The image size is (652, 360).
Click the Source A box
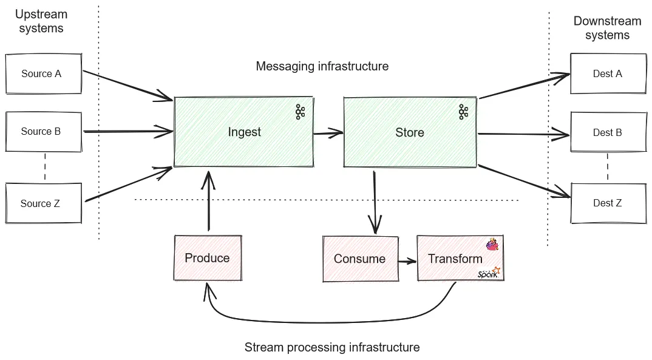[43, 73]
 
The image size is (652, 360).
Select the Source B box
[43, 131]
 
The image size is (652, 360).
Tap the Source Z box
[43, 203]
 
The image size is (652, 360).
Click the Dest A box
[608, 73]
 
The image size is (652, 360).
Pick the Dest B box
[608, 132]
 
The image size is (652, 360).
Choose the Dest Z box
[608, 203]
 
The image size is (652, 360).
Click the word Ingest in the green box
[244, 132]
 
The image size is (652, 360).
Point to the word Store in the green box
[409, 132]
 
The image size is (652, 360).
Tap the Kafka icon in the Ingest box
[300, 112]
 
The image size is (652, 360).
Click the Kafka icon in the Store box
[463, 112]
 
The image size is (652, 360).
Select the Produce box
[207, 258]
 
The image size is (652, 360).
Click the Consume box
[359, 259]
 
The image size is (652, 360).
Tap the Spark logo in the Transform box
[489, 274]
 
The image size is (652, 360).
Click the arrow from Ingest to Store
[328, 132]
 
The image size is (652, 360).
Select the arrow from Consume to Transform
[407, 260]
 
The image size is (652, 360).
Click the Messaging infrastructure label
[322, 66]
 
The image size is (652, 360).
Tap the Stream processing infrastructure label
[332, 347]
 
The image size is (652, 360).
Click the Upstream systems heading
[41, 21]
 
